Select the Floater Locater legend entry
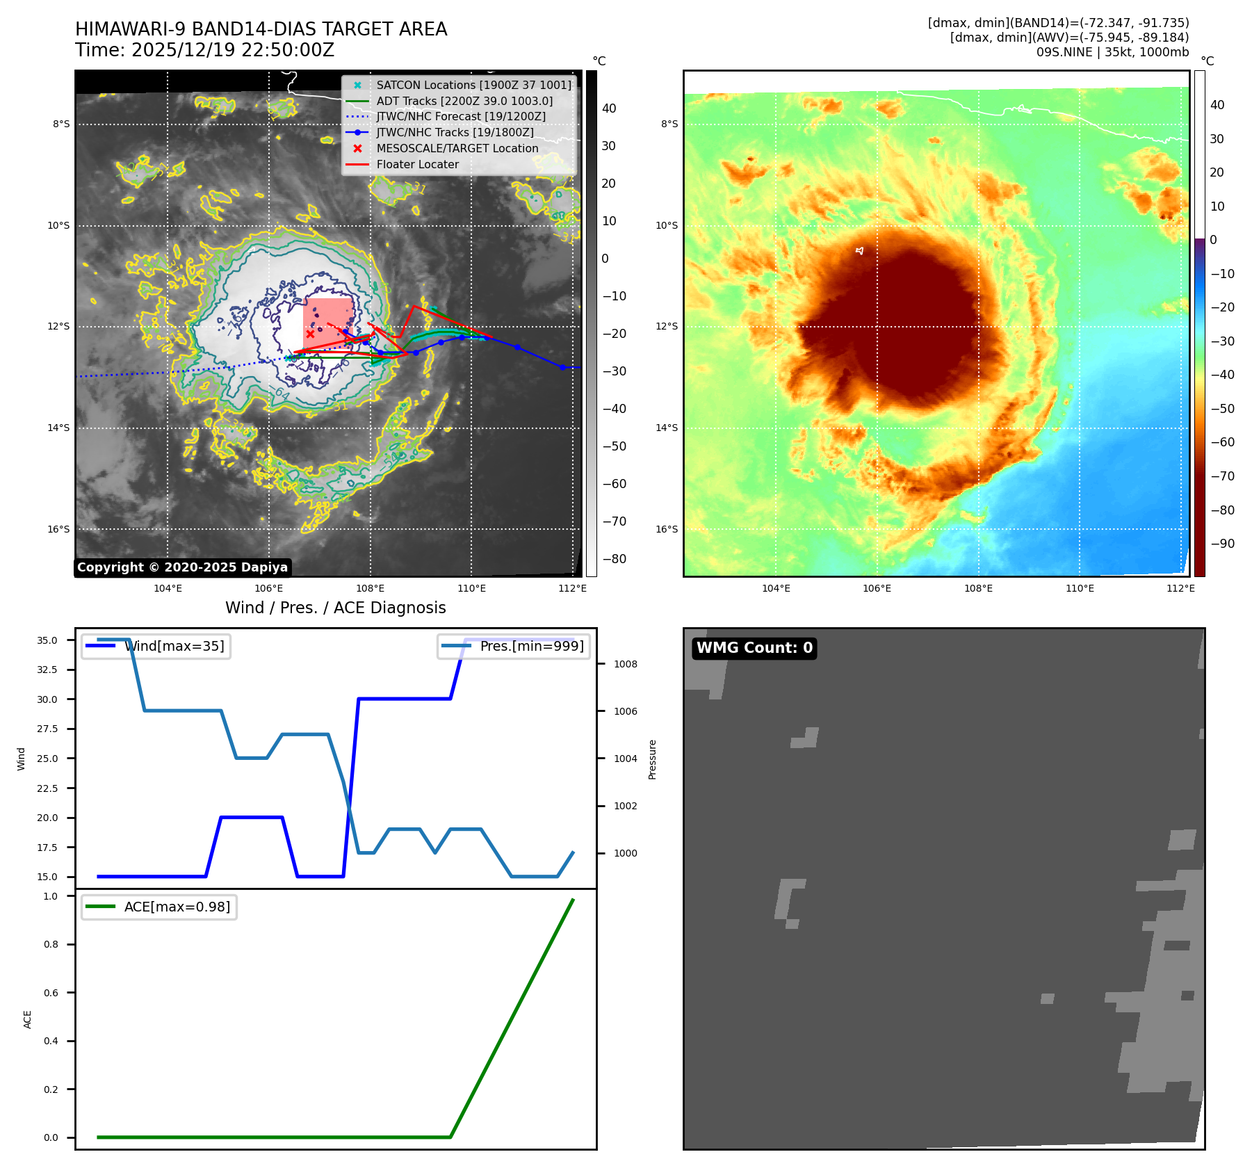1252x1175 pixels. coord(417,165)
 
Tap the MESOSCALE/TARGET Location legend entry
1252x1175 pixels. coord(457,149)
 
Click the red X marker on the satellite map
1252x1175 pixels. coord(310,334)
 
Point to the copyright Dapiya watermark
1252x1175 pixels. coord(182,567)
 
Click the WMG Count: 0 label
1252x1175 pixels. coord(754,648)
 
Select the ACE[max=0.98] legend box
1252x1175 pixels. coord(159,907)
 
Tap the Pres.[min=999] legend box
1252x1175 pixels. coord(514,647)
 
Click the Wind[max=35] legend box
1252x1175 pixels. coord(156,647)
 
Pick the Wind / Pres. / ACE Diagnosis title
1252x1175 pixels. coord(335,608)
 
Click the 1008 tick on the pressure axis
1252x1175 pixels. coord(625,664)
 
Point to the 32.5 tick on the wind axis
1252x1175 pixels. coord(47,670)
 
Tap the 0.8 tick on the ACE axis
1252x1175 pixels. coord(51,944)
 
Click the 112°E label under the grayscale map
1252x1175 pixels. coord(572,588)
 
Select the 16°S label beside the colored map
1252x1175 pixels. coord(666,529)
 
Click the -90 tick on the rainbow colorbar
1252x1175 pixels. coord(1222,544)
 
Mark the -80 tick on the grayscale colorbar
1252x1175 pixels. coord(614,559)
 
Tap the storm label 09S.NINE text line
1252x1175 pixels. coord(1112,52)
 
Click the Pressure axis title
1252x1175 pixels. coord(652,759)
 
